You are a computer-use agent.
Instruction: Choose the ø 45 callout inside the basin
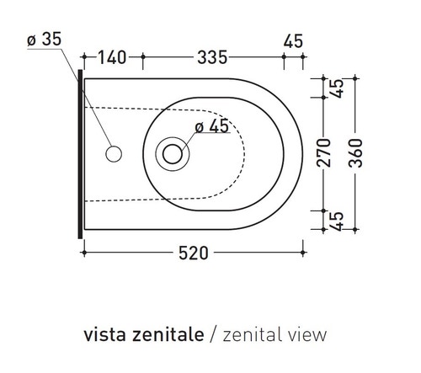pyautogui.click(x=211, y=127)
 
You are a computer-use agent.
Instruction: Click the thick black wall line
pyautogui.click(x=80, y=152)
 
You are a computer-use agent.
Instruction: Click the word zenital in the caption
pyautogui.click(x=248, y=334)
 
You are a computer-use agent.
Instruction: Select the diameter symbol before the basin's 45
pyautogui.click(x=200, y=127)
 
